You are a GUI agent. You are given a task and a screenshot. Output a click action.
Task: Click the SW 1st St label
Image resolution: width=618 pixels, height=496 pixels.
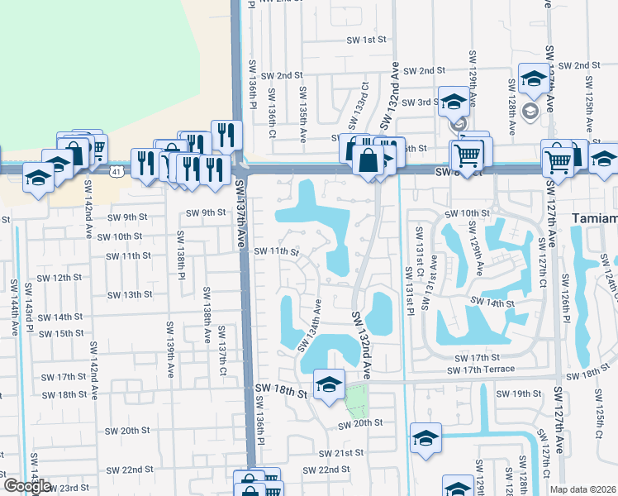click(x=367, y=39)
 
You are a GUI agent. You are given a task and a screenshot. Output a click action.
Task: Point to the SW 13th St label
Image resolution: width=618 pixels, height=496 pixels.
click(x=131, y=294)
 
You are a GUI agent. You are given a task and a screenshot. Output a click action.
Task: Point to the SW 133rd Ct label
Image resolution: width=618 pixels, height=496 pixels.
click(x=358, y=107)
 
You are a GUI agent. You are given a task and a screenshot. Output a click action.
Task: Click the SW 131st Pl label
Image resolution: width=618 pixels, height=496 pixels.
click(x=410, y=291)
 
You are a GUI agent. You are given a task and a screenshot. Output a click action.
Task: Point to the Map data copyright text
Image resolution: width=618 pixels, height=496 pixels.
click(x=582, y=489)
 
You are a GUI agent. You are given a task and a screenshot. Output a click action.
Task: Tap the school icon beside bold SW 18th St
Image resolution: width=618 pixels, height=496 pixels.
click(x=329, y=384)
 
